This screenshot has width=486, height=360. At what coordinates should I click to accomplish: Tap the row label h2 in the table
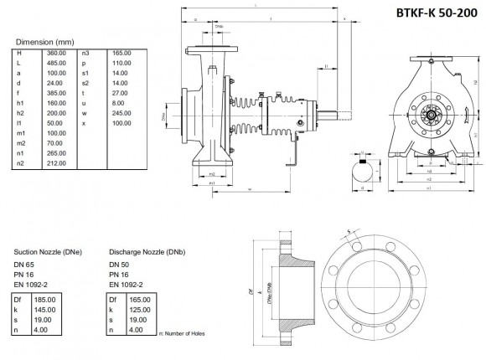20,112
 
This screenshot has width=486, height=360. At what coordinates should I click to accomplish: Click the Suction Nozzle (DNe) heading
49,251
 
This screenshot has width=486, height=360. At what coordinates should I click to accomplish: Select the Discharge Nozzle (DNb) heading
147,251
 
